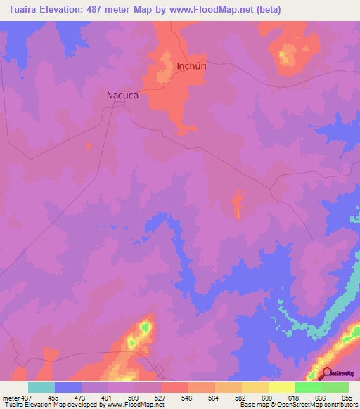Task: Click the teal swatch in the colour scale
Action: tap(41, 387)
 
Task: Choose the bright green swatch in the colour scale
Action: tap(308, 387)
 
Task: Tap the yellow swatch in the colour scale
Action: tap(281, 387)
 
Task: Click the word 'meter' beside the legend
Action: tap(9, 397)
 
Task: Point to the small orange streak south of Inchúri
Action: tap(238, 204)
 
